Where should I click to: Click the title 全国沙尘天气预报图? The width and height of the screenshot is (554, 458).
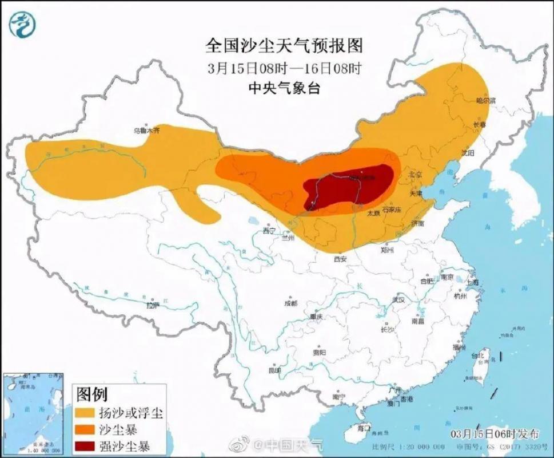(x=284, y=45)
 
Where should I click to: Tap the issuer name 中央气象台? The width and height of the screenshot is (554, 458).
(x=284, y=88)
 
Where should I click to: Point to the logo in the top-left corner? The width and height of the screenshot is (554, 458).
(x=21, y=23)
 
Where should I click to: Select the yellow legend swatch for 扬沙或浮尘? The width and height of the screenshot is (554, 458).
(x=85, y=413)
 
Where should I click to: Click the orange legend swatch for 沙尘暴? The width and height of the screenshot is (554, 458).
(x=85, y=429)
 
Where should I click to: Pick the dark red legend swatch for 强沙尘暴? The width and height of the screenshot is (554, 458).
(x=85, y=444)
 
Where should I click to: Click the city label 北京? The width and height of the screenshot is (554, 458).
(x=414, y=173)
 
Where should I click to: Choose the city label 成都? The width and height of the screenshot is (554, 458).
(x=290, y=303)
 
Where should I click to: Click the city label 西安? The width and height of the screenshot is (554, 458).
(x=340, y=259)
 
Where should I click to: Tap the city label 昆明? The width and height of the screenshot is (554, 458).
(x=275, y=370)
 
